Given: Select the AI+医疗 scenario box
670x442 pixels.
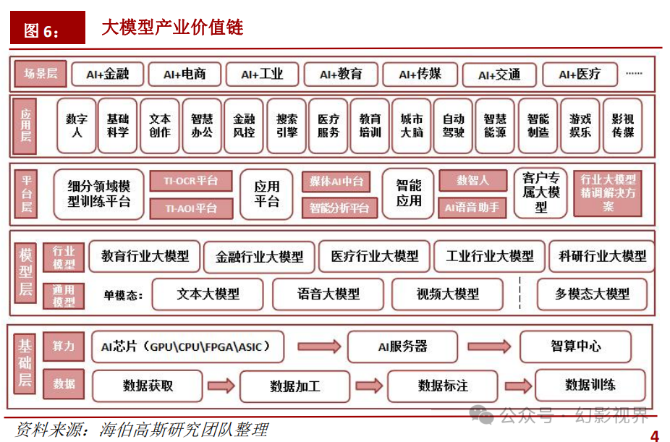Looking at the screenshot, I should [x=580, y=75].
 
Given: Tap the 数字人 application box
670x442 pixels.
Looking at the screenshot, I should [x=77, y=126].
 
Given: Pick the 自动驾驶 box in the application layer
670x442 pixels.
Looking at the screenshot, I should [x=454, y=126].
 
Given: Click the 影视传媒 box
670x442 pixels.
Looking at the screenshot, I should [x=622, y=126].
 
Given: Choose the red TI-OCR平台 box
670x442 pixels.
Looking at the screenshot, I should [x=191, y=181].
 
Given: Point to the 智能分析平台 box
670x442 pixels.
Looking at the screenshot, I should [x=339, y=208].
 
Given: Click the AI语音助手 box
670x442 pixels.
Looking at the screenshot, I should [x=472, y=208].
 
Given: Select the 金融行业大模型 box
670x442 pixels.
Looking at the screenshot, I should [x=260, y=257].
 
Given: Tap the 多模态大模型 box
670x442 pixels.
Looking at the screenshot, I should [x=592, y=294].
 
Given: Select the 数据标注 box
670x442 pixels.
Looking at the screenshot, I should [x=442, y=386].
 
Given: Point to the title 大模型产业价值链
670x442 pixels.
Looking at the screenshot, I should [x=172, y=27].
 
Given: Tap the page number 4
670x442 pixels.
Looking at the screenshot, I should [x=655, y=435].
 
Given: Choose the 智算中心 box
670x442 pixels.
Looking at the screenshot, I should [x=575, y=347].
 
